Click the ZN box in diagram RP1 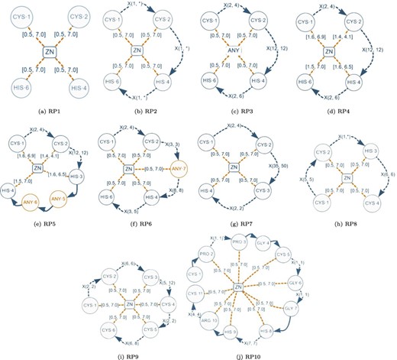click(x=49, y=52)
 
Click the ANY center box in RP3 click(x=246, y=53)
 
